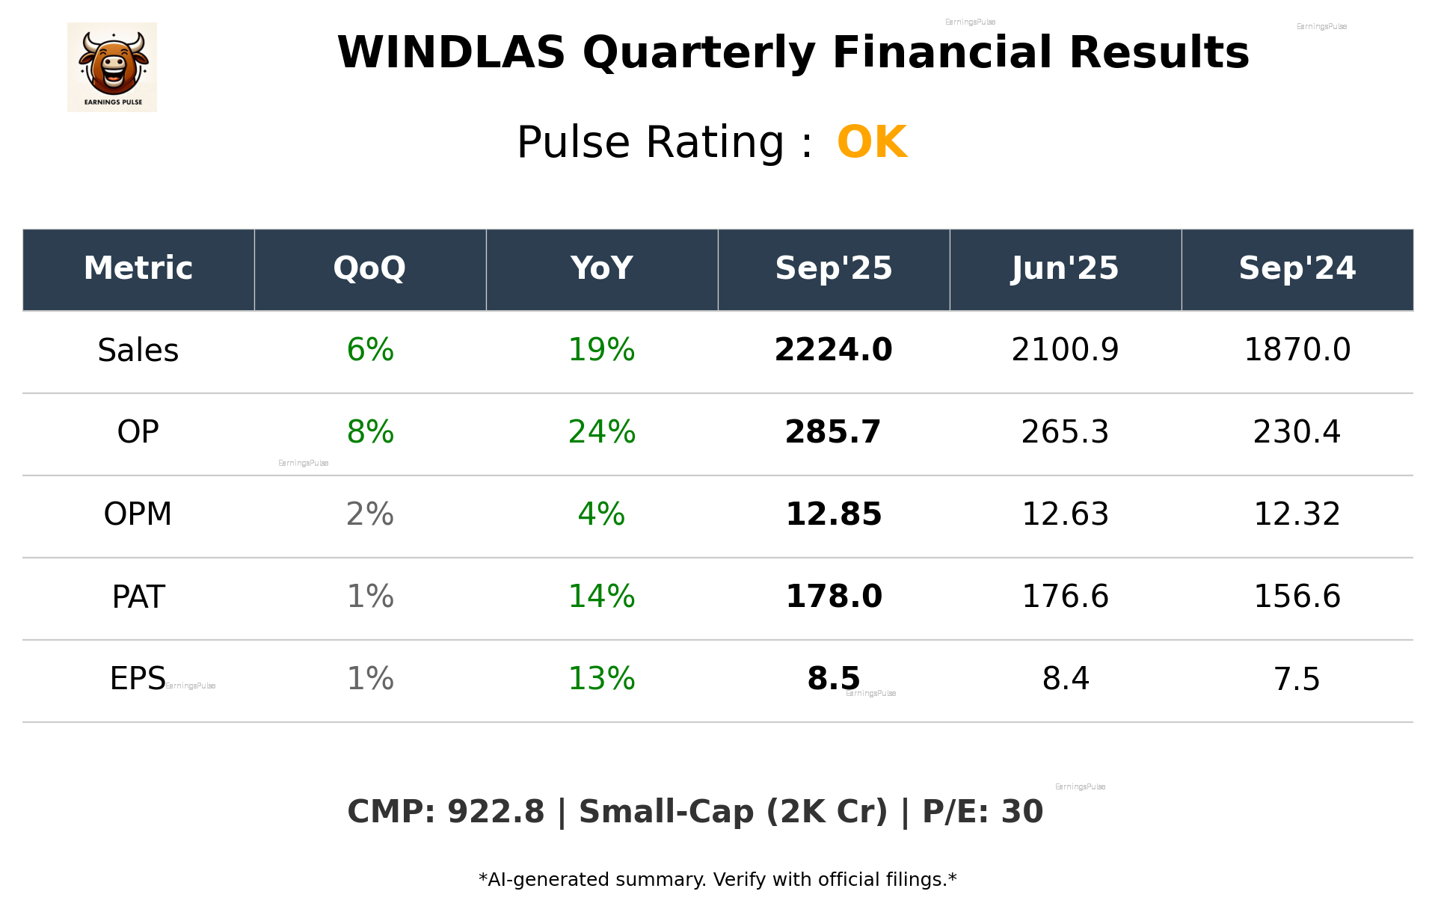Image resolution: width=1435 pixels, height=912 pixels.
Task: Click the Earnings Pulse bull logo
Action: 112,67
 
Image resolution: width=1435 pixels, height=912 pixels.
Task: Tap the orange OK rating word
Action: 872,142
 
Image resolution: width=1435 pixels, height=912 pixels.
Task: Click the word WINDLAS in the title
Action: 451,53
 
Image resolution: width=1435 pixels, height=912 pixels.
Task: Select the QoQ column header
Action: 370,268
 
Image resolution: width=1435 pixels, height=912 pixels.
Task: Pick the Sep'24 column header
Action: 1297,268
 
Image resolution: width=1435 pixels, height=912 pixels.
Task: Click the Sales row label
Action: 138,351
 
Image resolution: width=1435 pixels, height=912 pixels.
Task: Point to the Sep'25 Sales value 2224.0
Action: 833,351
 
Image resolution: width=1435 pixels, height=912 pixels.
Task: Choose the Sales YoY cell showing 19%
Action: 601,351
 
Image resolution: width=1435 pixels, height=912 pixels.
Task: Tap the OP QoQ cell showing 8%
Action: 370,432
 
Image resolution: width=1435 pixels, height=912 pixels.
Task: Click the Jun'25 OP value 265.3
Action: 1065,432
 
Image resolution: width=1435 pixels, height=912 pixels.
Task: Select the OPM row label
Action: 138,514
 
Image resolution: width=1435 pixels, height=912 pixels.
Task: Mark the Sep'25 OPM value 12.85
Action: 833,514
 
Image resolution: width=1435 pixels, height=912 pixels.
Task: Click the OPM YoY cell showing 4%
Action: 601,514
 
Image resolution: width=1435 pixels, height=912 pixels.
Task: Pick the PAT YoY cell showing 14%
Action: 601,597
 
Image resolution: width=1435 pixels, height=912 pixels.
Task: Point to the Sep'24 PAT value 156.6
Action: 1297,597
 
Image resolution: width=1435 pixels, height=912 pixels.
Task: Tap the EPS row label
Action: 138,679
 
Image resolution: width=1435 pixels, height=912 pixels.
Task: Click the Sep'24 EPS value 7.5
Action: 1297,679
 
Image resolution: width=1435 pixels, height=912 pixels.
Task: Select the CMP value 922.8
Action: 496,812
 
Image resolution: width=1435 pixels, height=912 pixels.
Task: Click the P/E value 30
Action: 1021,812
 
